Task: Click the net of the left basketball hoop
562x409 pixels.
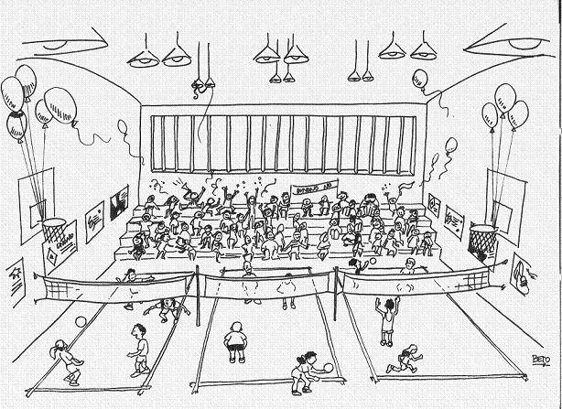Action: (55, 230)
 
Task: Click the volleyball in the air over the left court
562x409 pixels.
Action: (81, 321)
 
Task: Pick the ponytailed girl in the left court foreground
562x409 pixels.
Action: (66, 360)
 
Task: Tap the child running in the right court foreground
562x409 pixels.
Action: (404, 358)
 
